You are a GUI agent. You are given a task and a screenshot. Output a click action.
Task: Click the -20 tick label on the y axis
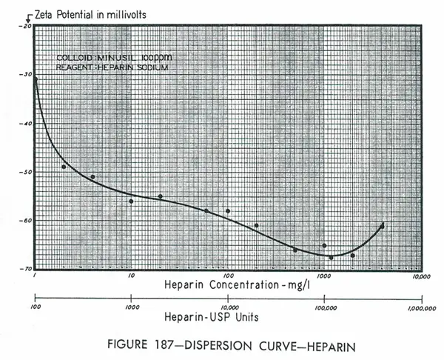pos(27,26)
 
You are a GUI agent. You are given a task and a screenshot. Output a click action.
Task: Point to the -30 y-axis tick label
pos(27,75)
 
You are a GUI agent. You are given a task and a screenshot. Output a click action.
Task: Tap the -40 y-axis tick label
pos(27,124)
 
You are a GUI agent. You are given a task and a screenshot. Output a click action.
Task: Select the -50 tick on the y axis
pos(27,172)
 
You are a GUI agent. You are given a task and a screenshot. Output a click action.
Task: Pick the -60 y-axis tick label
pos(27,221)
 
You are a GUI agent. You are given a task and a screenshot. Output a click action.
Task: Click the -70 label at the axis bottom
pos(27,268)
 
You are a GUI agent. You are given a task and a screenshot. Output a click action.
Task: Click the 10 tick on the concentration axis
pos(131,276)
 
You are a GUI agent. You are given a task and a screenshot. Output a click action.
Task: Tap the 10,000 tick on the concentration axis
pos(420,276)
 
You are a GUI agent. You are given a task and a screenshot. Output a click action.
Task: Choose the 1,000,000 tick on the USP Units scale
pos(419,305)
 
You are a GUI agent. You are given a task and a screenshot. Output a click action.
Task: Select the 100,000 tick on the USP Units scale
pos(324,305)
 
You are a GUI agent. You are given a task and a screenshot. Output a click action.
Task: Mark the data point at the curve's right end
pos(382,225)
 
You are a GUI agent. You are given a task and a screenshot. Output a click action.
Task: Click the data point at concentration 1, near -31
pos(36,79)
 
